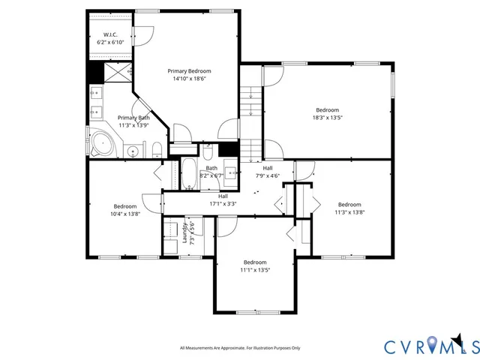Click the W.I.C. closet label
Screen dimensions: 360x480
(x=109, y=35)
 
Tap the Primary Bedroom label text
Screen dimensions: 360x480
(x=187, y=70)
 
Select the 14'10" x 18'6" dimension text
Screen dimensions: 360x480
(x=187, y=78)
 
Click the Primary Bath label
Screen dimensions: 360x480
(x=133, y=118)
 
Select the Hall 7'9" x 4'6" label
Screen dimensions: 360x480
(x=267, y=172)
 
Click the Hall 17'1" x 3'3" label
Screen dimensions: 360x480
(x=223, y=199)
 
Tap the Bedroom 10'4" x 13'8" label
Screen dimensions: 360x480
(x=125, y=210)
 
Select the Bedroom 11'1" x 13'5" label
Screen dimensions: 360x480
(x=255, y=266)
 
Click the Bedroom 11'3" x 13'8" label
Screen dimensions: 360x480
(x=349, y=208)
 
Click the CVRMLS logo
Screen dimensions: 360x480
(x=431, y=346)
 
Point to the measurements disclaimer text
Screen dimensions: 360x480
(x=240, y=348)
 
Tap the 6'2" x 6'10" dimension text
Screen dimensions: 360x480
(x=109, y=43)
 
